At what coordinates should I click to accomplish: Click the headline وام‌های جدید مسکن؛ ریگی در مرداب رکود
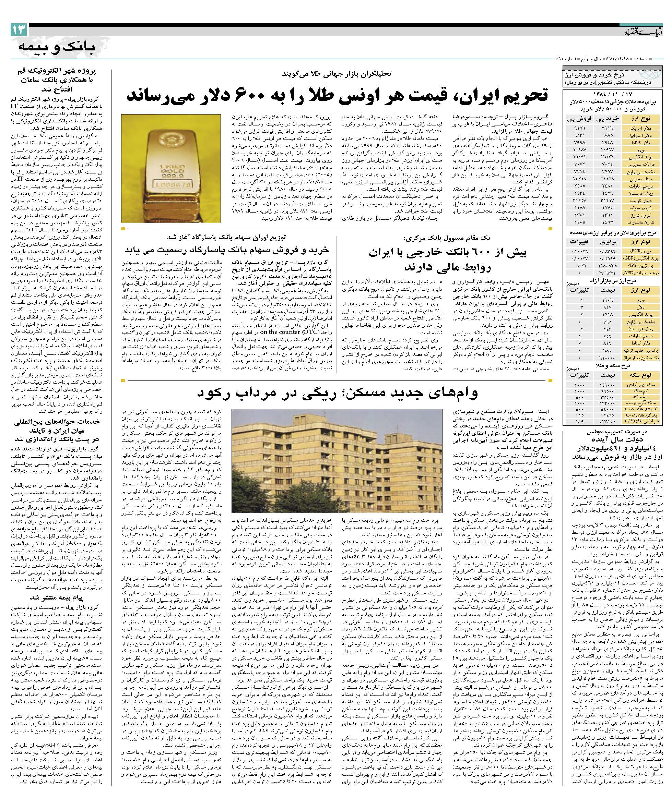pos(337,392)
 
